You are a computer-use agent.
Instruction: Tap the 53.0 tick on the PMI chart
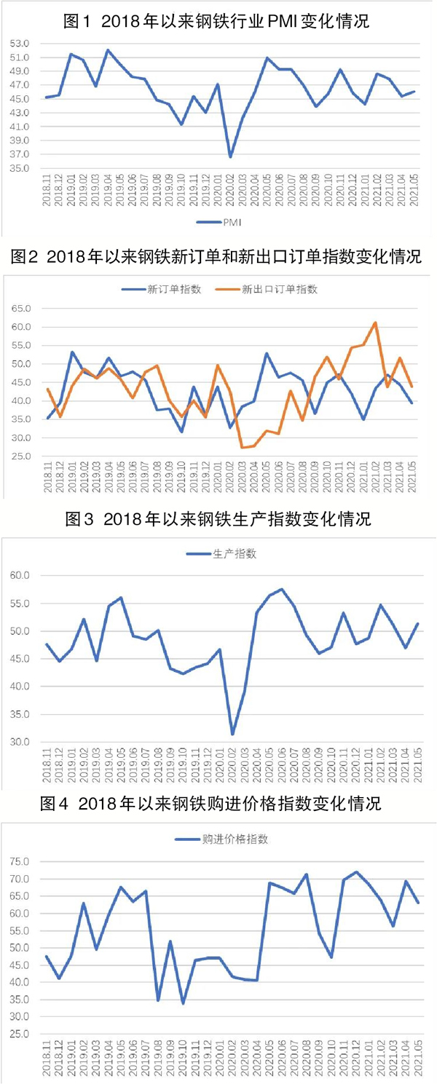tap(20, 44)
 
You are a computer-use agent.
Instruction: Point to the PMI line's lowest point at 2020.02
tap(230, 157)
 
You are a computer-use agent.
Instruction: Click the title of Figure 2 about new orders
tap(218, 257)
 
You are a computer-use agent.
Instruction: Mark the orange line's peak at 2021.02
tap(374, 323)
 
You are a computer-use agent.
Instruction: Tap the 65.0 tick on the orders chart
tap(20, 309)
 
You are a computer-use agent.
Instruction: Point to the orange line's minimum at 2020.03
tap(243, 447)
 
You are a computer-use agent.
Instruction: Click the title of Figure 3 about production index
tap(218, 519)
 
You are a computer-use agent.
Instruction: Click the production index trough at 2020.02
tap(232, 734)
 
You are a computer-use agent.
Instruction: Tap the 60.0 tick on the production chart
tap(20, 575)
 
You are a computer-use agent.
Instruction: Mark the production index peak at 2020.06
tap(281, 589)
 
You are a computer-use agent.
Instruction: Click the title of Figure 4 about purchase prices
tap(218, 804)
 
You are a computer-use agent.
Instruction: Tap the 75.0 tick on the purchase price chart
tap(20, 862)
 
